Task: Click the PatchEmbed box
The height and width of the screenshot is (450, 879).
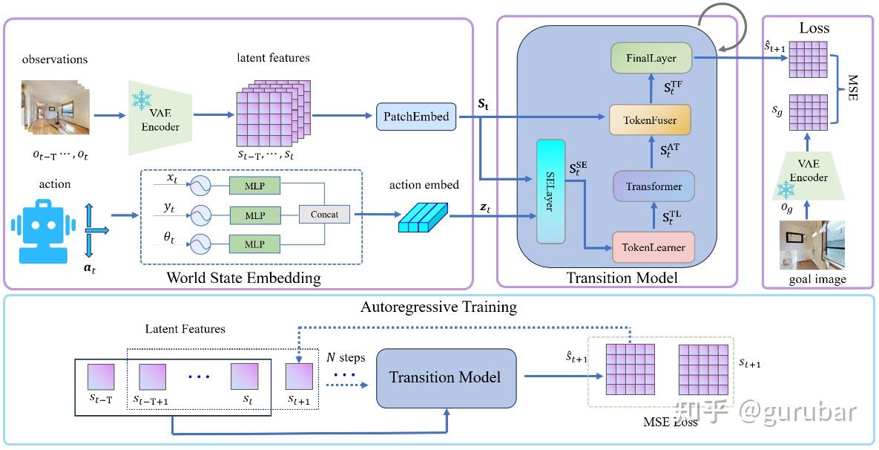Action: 415,117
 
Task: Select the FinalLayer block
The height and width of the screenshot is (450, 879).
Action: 651,58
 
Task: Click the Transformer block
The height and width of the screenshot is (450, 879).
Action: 653,186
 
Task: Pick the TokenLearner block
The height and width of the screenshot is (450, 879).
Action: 653,247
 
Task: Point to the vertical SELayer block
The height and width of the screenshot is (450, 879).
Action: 550,192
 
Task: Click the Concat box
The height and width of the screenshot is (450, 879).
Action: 325,215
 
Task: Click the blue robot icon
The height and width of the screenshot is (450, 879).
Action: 43,229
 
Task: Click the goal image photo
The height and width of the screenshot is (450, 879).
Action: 811,245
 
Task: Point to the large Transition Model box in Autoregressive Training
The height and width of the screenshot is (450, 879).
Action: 446,378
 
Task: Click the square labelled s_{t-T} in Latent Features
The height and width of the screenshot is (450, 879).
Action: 101,377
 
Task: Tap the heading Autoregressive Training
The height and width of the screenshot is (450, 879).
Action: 438,307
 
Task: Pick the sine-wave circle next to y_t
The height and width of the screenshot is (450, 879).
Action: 200,215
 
